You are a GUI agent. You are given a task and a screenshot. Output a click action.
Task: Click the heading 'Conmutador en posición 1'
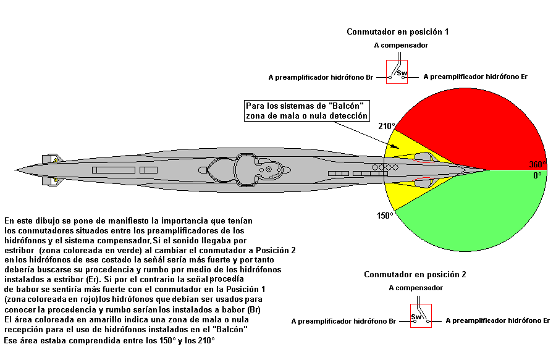[x=402, y=31]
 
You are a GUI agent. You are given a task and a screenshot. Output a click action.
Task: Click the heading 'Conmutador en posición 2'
[x=415, y=274]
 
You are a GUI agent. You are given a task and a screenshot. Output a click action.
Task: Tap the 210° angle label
[x=387, y=126]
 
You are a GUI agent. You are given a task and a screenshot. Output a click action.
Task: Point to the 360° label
[x=536, y=164]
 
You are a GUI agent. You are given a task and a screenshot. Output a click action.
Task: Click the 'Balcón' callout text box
[x=307, y=111]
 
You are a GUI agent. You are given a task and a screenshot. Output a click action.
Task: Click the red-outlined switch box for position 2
[x=421, y=316]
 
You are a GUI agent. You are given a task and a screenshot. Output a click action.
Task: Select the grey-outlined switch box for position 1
[x=398, y=72]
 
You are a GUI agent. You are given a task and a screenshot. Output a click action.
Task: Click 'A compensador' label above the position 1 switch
[x=401, y=45]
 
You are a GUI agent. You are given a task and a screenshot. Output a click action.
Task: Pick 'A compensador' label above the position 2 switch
[x=416, y=288]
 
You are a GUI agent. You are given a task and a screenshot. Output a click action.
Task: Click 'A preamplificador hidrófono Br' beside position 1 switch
[x=321, y=78]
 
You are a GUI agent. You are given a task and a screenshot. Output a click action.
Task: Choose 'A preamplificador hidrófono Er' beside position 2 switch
[x=497, y=320]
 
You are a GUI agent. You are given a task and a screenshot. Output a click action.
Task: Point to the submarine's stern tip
[x=17, y=169]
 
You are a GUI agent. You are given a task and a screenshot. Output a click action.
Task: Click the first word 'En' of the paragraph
[x=9, y=220]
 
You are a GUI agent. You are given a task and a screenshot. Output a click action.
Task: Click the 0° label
[x=537, y=175]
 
